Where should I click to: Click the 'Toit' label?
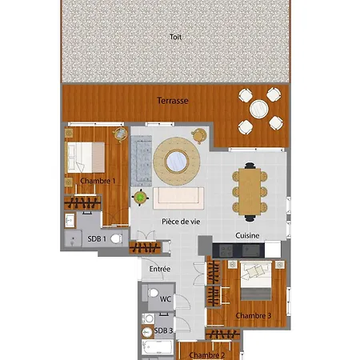point(175,37)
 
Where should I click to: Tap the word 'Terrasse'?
point(173,101)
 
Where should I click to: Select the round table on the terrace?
point(259,109)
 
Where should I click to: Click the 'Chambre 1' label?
point(98,181)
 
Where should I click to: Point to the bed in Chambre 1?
point(85,158)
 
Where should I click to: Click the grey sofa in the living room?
point(142,161)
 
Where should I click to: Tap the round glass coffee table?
point(177,162)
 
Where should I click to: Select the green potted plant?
point(140,198)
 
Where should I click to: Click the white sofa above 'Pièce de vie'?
point(178,198)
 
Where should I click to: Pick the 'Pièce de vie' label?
point(181,222)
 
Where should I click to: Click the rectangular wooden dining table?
point(250,192)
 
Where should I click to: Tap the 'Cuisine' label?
point(247,235)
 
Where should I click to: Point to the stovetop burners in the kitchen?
point(226,250)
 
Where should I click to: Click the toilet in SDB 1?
point(116,238)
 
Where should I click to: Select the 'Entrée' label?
point(160,269)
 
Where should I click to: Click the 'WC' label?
point(165,299)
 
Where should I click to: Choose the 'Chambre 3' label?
point(254,316)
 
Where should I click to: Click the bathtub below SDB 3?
point(157,347)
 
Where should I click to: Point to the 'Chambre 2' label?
point(207,355)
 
